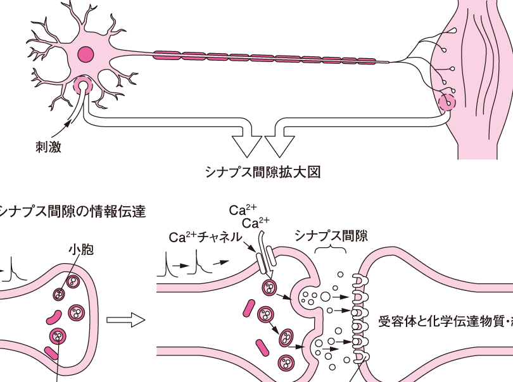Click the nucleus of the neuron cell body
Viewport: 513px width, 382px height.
[85, 54]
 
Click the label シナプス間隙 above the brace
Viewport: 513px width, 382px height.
[331, 236]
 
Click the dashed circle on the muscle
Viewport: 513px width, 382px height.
[448, 101]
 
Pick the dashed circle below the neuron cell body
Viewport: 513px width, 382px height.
[82, 85]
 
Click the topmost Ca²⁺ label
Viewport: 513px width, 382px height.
[241, 209]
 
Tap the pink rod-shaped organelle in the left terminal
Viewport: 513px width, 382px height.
[55, 314]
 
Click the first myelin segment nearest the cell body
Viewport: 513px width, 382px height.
[167, 54]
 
